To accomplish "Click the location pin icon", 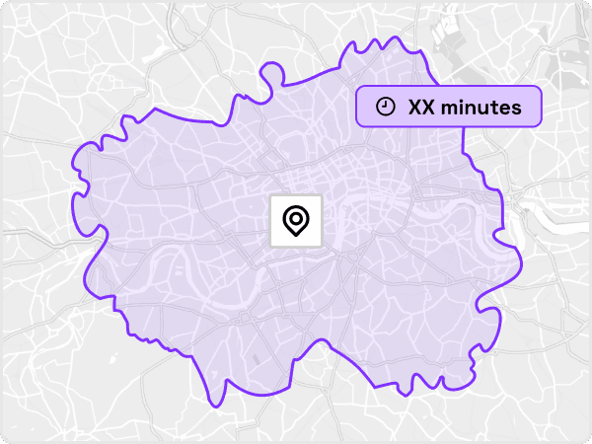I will coord(295,220).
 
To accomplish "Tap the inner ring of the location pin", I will coord(295,217).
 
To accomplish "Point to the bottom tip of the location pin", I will coord(295,238).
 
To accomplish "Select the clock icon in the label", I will coord(387,107).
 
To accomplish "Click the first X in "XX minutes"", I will coord(415,107).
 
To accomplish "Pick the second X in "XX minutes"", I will coord(429,107).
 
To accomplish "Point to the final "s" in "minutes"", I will coord(516,107).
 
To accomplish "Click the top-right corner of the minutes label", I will coord(541,88).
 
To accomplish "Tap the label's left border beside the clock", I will coord(357,107).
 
